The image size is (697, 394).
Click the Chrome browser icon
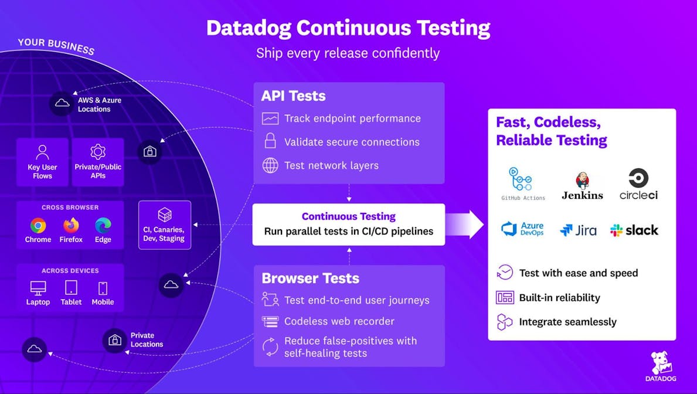38,225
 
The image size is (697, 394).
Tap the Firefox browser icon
71,225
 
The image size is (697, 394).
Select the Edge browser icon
103,225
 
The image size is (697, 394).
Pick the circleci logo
638,184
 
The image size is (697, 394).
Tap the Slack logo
634,230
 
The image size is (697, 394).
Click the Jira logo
578,230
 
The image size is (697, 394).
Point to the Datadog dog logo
662,363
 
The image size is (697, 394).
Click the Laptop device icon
38,288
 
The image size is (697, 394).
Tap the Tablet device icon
71,288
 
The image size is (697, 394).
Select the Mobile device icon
103,288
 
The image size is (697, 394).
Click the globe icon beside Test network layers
270,165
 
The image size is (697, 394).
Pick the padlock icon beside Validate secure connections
270,141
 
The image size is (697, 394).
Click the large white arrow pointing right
465,224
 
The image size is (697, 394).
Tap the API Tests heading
293,96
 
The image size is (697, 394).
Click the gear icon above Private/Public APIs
98,152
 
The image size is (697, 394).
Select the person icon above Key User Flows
42,152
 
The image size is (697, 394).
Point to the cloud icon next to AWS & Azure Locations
62,104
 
